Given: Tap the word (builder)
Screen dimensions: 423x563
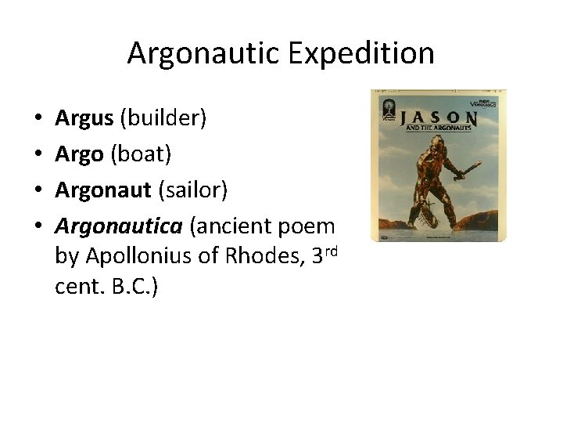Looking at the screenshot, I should tap(162, 118).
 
